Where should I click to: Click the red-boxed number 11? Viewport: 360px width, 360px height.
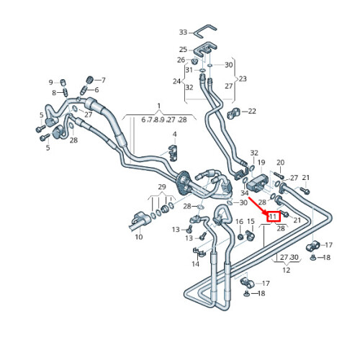[x=273, y=217]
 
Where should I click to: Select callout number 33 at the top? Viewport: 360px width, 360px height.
[x=183, y=32]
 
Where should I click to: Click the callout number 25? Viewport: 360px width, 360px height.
[x=183, y=50]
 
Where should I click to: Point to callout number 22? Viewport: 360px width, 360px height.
[x=252, y=111]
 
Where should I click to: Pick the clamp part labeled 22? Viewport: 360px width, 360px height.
[x=233, y=113]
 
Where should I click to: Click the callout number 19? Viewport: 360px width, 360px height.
[x=261, y=163]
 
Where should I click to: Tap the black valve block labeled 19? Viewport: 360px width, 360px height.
[x=257, y=183]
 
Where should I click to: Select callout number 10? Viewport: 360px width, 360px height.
[x=139, y=237]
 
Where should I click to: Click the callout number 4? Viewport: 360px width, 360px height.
[x=175, y=134]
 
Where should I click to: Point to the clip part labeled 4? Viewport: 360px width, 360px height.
[x=173, y=153]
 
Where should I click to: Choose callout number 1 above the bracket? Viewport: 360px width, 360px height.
[x=159, y=106]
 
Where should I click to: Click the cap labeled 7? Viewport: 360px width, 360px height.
[x=89, y=79]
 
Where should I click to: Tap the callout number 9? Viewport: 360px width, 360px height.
[x=50, y=83]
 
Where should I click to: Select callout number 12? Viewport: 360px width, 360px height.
[x=286, y=270]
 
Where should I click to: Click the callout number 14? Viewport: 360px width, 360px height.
[x=195, y=264]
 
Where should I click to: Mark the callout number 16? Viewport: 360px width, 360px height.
[x=239, y=222]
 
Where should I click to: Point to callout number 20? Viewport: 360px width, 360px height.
[x=280, y=163]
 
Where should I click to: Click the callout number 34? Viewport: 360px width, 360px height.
[x=245, y=193]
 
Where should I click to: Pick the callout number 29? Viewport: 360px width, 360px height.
[x=162, y=186]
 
